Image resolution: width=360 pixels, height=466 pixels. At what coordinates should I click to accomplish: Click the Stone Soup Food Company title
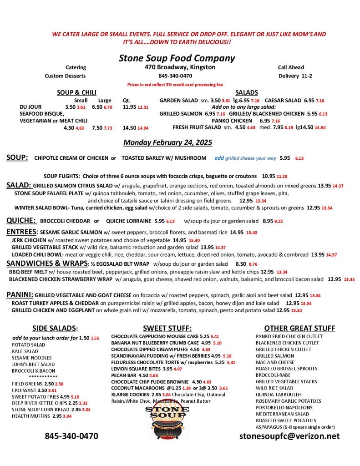pyautogui.click(x=177, y=58)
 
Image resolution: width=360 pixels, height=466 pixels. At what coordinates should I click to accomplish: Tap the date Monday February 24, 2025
pyautogui.click(x=168, y=142)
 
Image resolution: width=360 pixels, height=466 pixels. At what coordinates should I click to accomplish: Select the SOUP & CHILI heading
pyautogui.click(x=76, y=92)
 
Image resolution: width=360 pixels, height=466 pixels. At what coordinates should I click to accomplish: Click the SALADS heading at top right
pyautogui.click(x=247, y=92)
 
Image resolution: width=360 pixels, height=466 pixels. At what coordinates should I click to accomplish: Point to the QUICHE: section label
pyautogui.click(x=21, y=220)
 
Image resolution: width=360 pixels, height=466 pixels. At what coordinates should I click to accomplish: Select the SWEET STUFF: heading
pyautogui.click(x=167, y=328)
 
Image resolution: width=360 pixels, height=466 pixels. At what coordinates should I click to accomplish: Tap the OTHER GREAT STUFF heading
pyautogui.click(x=299, y=328)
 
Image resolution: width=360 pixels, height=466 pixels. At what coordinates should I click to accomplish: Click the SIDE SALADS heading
pyautogui.click(x=55, y=328)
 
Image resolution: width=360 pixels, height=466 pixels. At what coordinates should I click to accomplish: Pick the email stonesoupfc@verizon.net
pyautogui.click(x=289, y=436)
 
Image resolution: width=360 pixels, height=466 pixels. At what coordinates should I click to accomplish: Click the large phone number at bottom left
pyautogui.click(x=71, y=436)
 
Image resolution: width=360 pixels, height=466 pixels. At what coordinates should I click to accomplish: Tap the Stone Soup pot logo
pyautogui.click(x=167, y=423)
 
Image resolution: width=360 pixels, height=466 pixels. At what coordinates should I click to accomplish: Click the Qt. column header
pyautogui.click(x=127, y=100)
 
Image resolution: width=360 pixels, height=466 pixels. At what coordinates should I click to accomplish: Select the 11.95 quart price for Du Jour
pyautogui.click(x=130, y=107)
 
